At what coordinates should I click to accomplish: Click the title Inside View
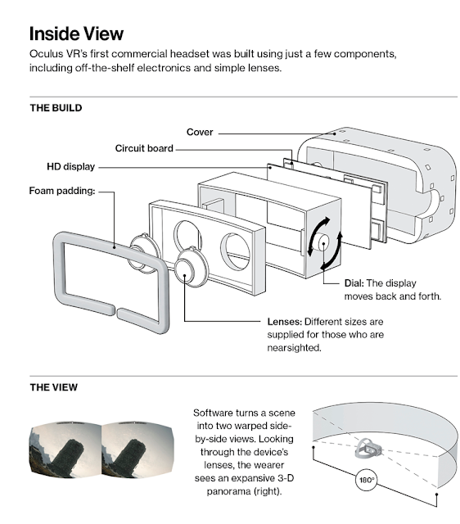click(76, 34)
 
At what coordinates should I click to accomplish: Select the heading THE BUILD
click(56, 108)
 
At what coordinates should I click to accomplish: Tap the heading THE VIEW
click(53, 387)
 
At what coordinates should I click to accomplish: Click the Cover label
click(200, 132)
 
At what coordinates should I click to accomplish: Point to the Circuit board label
click(144, 148)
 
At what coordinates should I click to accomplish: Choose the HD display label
click(71, 166)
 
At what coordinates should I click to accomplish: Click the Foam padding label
click(62, 191)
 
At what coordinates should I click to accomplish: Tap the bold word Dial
click(354, 283)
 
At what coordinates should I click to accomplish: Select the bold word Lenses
click(285, 322)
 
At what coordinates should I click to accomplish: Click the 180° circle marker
click(367, 480)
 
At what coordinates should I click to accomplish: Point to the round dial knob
click(323, 242)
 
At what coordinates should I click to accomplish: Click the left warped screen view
click(65, 450)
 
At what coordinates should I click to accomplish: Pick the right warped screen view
click(137, 450)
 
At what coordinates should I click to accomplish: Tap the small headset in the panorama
click(368, 449)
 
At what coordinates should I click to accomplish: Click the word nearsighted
click(294, 348)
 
